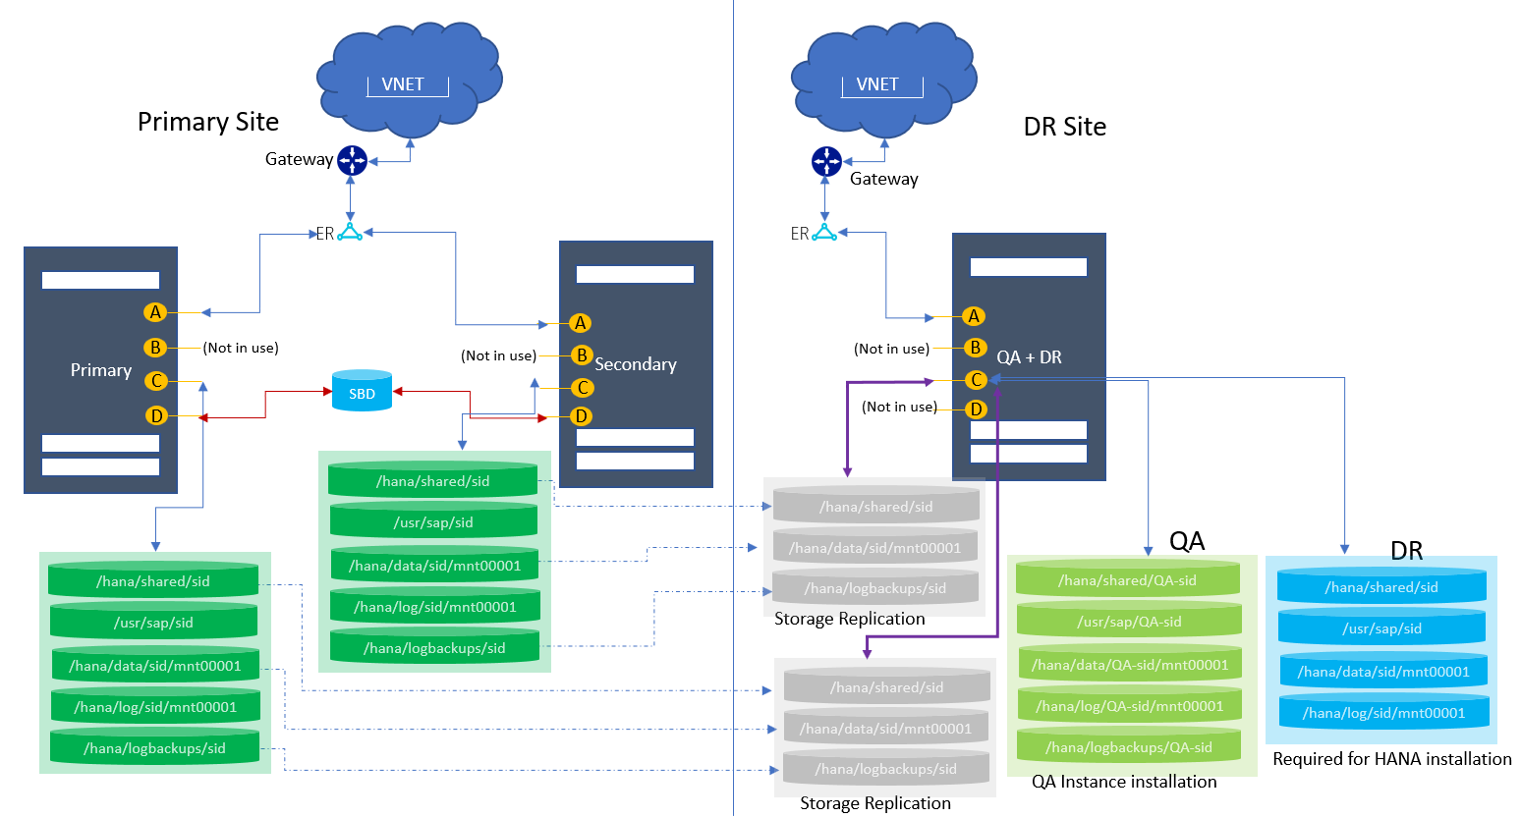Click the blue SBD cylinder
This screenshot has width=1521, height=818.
pyautogui.click(x=362, y=391)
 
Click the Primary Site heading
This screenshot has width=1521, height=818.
pyautogui.click(x=208, y=122)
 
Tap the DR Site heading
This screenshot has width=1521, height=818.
pyautogui.click(x=1064, y=127)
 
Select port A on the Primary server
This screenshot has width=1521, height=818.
pyautogui.click(x=155, y=312)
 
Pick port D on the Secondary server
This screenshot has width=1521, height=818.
pyautogui.click(x=581, y=416)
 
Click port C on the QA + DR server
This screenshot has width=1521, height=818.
pyautogui.click(x=976, y=380)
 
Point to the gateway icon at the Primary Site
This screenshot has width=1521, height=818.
pyautogui.click(x=352, y=160)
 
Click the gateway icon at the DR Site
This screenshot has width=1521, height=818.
pyautogui.click(x=826, y=161)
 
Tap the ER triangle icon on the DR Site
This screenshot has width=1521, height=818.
pyautogui.click(x=824, y=233)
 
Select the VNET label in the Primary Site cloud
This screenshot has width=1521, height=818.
pyautogui.click(x=403, y=84)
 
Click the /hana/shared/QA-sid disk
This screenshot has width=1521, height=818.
pyautogui.click(x=1127, y=580)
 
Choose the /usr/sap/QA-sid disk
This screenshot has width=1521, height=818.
pyautogui.click(x=1129, y=622)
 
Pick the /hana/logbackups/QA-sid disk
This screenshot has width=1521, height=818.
pyautogui.click(x=1129, y=747)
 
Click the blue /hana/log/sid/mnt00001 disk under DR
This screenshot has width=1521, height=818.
pyautogui.click(x=1383, y=713)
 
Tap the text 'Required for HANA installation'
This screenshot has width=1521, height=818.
pyautogui.click(x=1391, y=759)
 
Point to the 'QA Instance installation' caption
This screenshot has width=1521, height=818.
pyautogui.click(x=1124, y=782)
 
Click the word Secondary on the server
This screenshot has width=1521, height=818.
pyautogui.click(x=636, y=364)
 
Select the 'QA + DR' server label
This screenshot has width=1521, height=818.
pyautogui.click(x=1029, y=357)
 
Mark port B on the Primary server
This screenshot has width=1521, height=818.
pyautogui.click(x=155, y=347)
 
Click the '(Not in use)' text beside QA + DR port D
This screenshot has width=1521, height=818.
pyautogui.click(x=899, y=407)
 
